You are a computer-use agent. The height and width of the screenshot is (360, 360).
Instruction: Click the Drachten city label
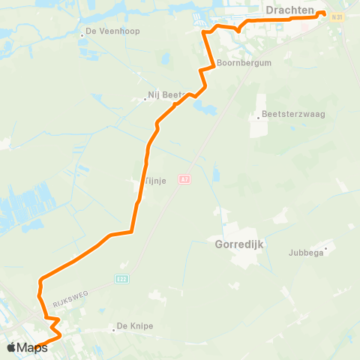tap(289, 9)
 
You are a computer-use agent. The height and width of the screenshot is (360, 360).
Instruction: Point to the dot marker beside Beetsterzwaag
tap(257, 115)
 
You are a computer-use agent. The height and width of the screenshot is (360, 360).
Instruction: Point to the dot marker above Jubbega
tap(326, 246)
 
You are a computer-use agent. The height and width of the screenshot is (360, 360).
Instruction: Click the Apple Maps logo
tap(27, 346)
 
